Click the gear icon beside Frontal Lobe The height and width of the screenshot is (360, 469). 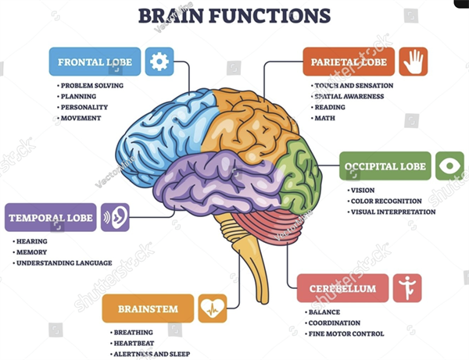(159, 62)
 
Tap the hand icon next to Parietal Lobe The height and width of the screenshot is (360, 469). (413, 62)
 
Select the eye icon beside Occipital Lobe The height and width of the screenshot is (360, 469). (449, 166)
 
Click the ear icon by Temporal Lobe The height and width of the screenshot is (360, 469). (115, 217)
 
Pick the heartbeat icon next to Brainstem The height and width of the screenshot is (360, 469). (213, 308)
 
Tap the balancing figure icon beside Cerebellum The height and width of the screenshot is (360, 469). (407, 288)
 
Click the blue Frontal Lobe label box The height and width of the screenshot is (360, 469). (95, 62)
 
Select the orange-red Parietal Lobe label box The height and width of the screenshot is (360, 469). (349, 62)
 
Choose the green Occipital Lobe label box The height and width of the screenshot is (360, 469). (385, 166)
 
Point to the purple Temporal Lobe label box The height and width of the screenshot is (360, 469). (51, 217)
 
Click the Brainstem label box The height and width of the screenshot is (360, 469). (148, 308)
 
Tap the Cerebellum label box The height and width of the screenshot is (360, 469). (343, 288)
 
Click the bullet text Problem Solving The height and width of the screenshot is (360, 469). (92, 85)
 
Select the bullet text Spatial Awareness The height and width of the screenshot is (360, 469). (349, 96)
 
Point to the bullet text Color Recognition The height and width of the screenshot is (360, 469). (386, 201)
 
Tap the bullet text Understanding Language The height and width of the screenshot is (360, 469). (64, 263)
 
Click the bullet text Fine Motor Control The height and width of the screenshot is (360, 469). (346, 333)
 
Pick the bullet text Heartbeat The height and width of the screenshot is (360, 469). (134, 344)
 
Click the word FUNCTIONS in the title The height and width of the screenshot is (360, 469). (269, 16)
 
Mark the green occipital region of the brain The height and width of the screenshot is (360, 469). (299, 176)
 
